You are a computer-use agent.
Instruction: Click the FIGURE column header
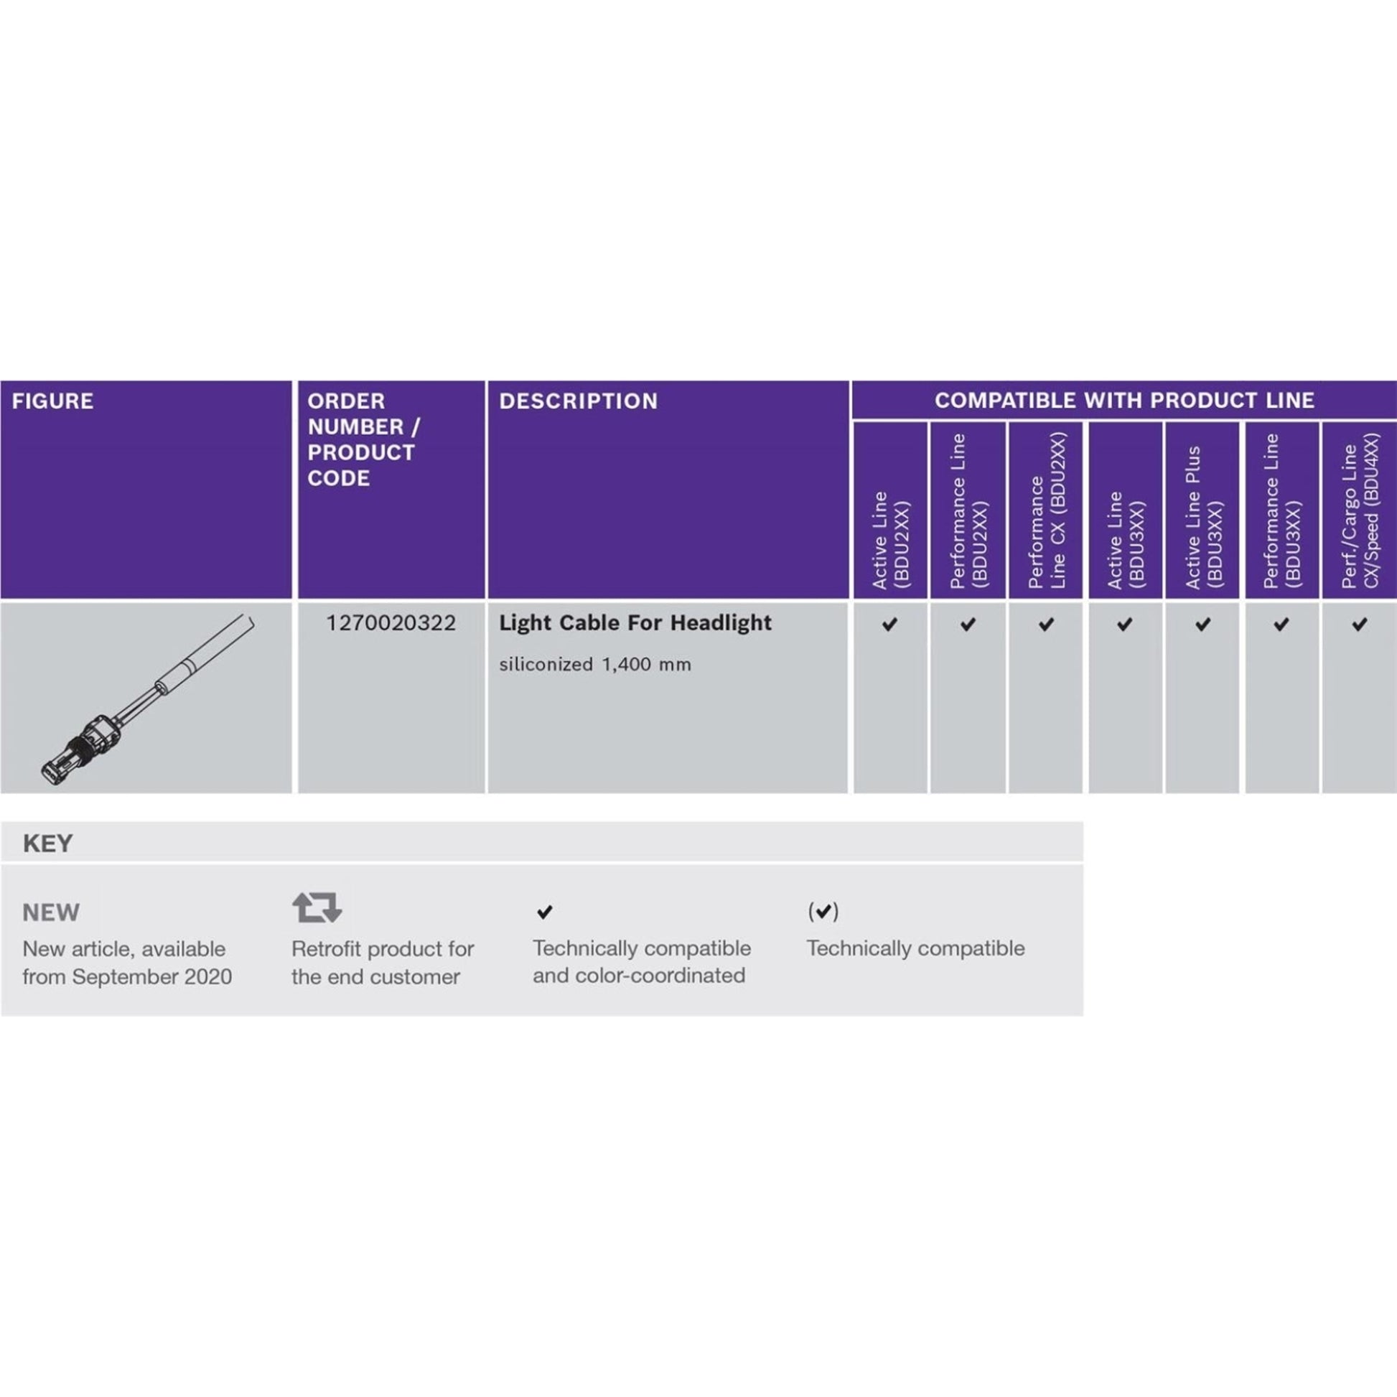coord(53,401)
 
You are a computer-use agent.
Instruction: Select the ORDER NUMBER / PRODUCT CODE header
coord(364,439)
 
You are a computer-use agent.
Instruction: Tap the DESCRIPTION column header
coord(579,401)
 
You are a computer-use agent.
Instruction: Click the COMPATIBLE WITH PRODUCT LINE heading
coord(1124,400)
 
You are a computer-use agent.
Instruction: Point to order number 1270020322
coord(391,622)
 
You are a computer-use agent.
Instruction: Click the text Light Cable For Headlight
coord(635,622)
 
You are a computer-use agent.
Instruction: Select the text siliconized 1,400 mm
coord(595,664)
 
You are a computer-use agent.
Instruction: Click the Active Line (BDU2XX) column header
coord(890,539)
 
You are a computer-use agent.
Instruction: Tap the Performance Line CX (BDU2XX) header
coord(1046,510)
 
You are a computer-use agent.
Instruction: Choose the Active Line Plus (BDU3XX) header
coord(1203,517)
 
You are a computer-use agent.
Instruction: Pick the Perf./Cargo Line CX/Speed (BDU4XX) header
coord(1360,510)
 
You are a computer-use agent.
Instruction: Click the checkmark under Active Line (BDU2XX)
coord(890,624)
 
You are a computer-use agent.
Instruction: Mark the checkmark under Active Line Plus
coord(1203,624)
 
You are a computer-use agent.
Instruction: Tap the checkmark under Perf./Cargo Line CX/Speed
coord(1360,624)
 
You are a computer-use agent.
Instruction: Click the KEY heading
coord(47,843)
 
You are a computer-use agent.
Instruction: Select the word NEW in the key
coord(51,912)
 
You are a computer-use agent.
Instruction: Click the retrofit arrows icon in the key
coord(317,907)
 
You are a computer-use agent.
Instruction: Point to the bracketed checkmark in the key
coord(823,911)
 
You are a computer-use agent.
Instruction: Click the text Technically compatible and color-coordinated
coord(641,962)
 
